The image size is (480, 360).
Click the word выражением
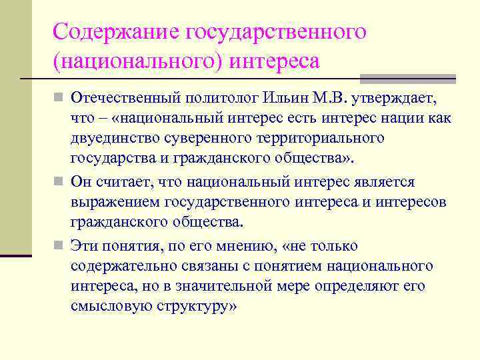[x=111, y=202]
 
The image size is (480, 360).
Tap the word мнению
[x=243, y=247]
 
